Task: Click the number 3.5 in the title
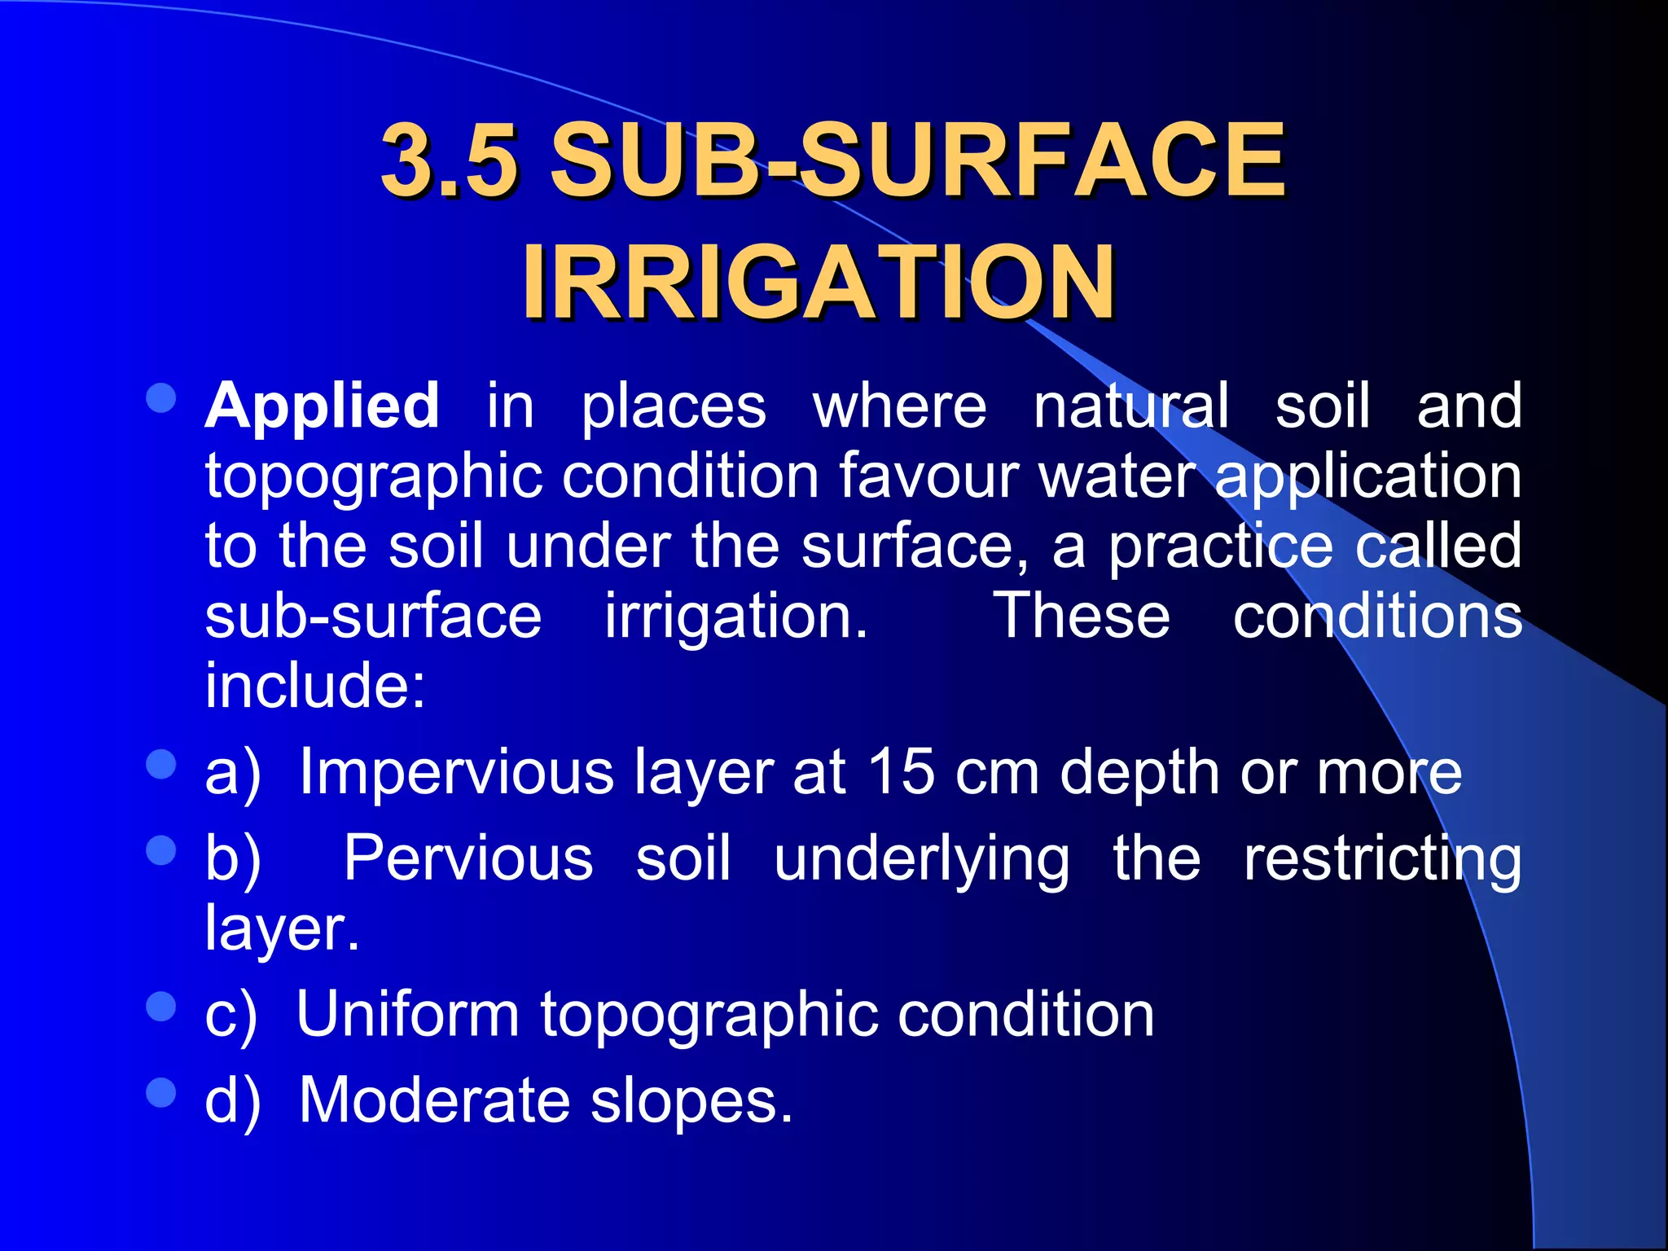tap(450, 159)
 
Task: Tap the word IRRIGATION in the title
tap(819, 282)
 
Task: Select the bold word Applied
tap(323, 405)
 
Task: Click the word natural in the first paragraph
tap(1131, 405)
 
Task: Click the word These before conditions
tap(1082, 616)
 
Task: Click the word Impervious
tap(457, 771)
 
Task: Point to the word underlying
tap(922, 859)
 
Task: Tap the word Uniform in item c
tap(407, 1014)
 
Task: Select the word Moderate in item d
tap(435, 1100)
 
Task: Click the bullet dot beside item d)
tap(161, 1093)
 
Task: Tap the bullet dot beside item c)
tap(161, 1007)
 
